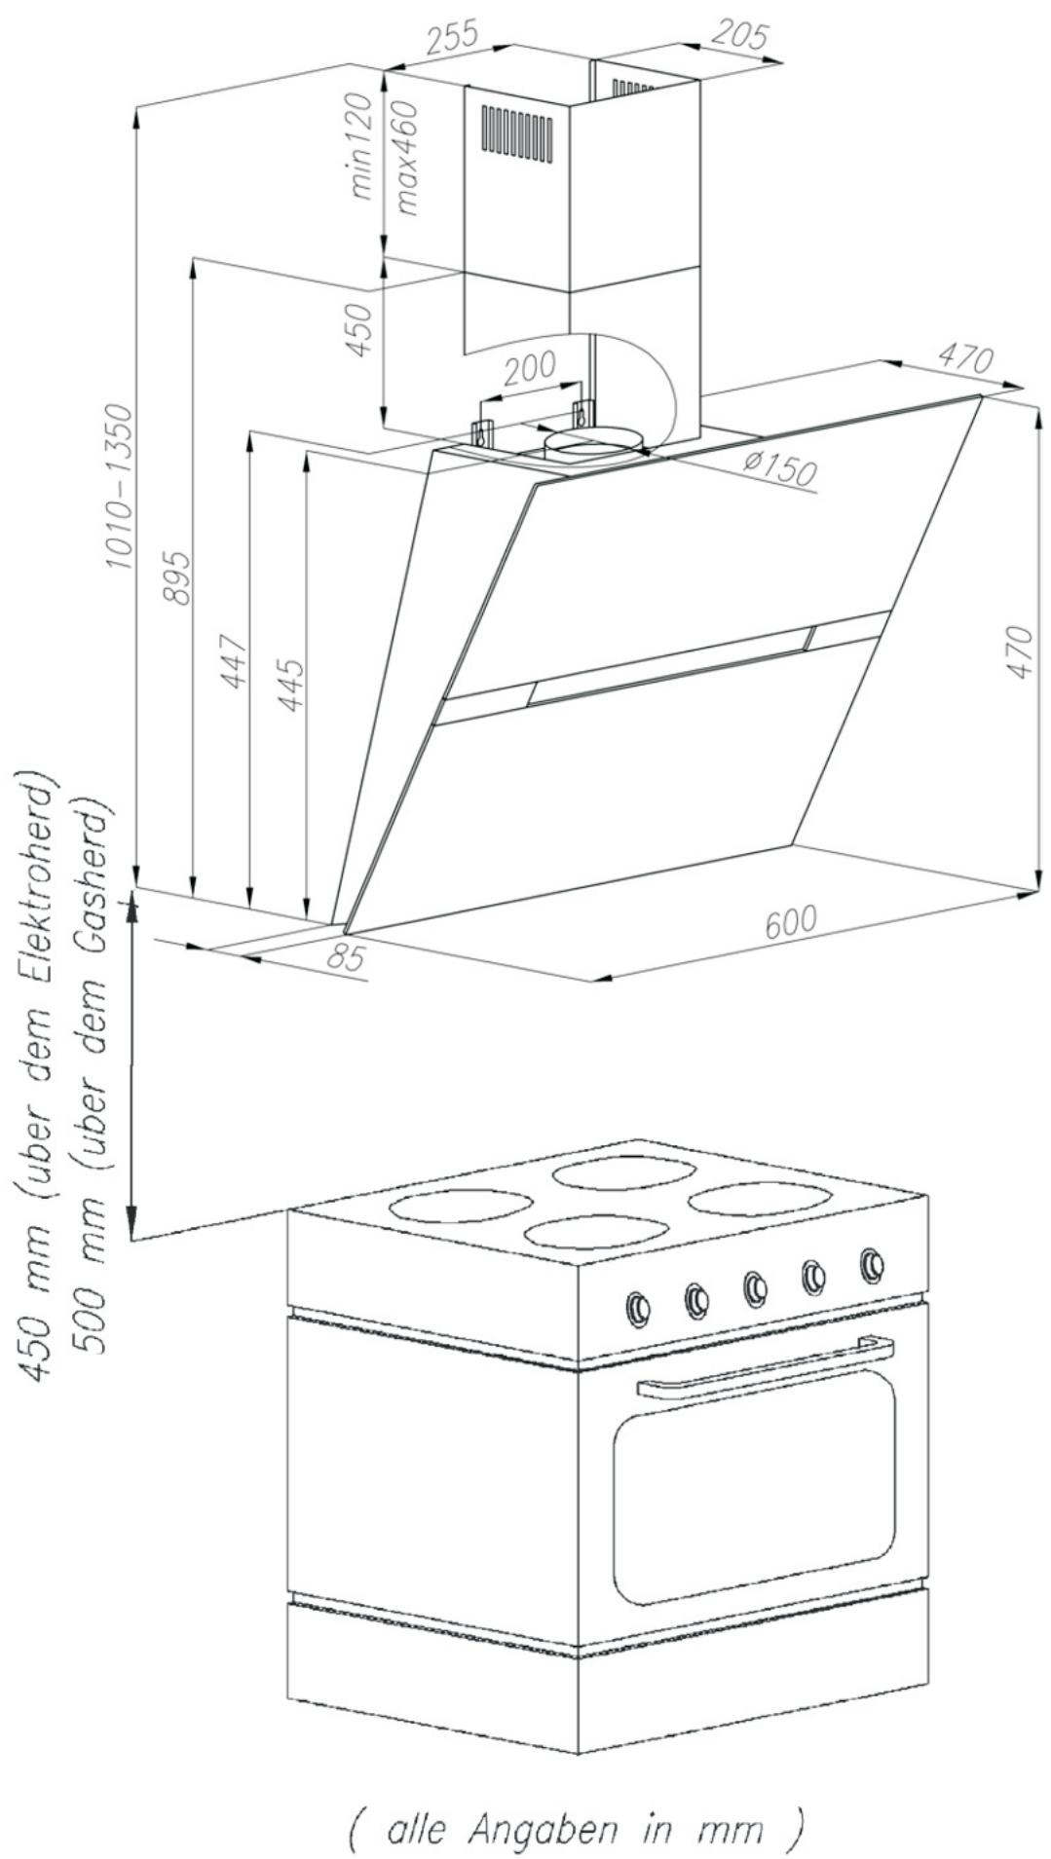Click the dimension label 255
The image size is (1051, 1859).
click(x=454, y=37)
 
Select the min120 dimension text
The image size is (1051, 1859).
click(x=361, y=146)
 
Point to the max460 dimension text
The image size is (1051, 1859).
click(x=407, y=158)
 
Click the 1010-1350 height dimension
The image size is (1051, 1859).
click(x=119, y=487)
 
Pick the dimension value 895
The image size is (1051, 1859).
click(x=177, y=576)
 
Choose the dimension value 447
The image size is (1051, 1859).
click(x=234, y=660)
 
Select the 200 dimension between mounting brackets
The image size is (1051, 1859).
click(x=531, y=368)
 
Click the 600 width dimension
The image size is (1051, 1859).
click(x=790, y=921)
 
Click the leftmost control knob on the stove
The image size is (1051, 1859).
click(x=638, y=1308)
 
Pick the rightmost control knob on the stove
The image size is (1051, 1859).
click(x=873, y=1264)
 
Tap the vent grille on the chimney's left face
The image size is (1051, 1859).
click(x=517, y=132)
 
